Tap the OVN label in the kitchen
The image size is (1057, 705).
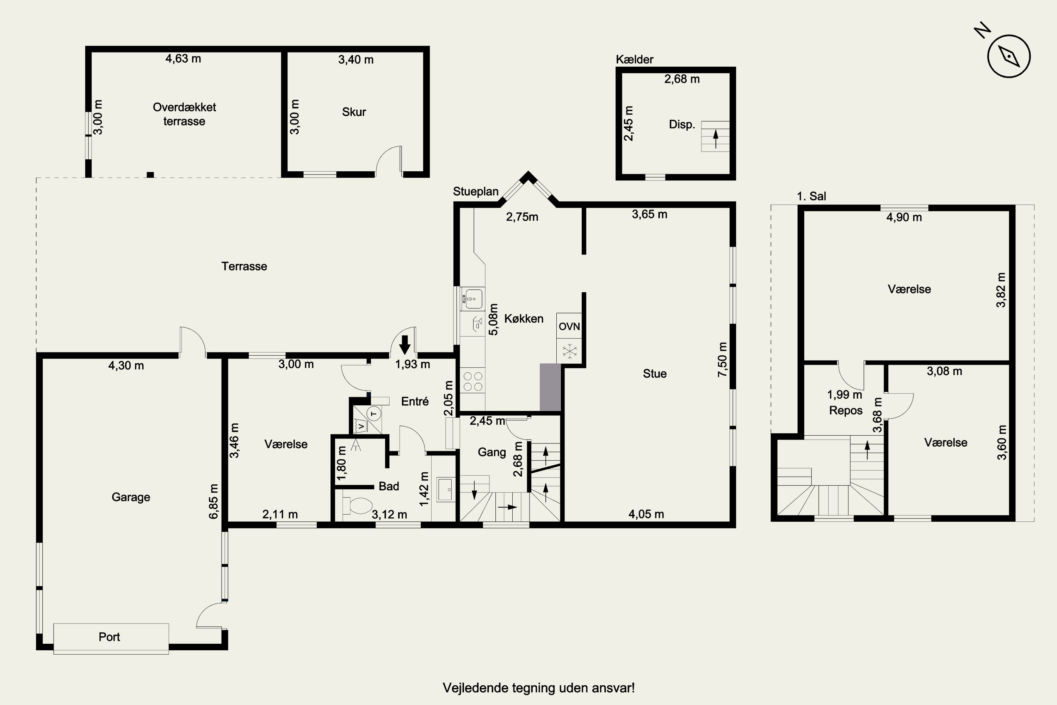tap(569, 326)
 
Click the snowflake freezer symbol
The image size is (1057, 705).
tap(570, 351)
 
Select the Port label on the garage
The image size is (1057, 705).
tap(109, 637)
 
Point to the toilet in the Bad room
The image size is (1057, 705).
tap(358, 505)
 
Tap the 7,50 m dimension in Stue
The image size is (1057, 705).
tap(722, 359)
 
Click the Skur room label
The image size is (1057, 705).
tap(354, 112)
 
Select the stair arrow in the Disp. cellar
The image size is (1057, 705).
tap(716, 139)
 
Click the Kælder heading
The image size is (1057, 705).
tap(634, 59)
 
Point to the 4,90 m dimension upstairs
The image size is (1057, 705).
tap(904, 217)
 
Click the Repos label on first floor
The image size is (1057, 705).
tap(846, 411)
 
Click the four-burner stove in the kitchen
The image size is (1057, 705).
tap(473, 381)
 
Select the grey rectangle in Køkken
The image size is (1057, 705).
tap(550, 387)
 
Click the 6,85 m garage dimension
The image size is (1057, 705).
tap(214, 501)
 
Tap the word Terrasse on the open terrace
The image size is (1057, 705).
tap(244, 266)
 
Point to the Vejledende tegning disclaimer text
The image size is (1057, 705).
tap(538, 688)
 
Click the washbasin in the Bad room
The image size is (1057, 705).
tap(445, 490)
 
